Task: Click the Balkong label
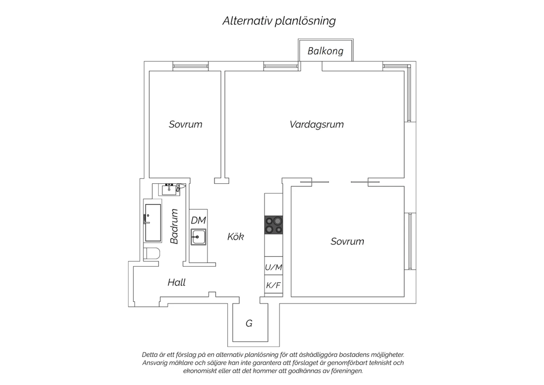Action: [x=325, y=51]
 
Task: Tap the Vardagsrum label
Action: [x=317, y=124]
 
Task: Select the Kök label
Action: [x=236, y=236]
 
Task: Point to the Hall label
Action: [x=177, y=282]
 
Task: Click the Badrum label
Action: [x=174, y=226]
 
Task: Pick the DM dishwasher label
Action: [x=198, y=220]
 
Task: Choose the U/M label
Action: [x=273, y=267]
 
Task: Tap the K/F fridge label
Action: [x=273, y=285]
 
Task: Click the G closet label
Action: [x=249, y=323]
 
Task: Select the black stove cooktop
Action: [x=273, y=225]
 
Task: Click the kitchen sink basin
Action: [x=198, y=237]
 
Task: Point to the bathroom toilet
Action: [x=151, y=254]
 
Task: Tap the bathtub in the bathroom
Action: [x=153, y=223]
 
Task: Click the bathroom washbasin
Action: [x=169, y=190]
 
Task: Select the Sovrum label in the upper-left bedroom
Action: [x=186, y=124]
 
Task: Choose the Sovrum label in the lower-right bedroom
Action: [x=347, y=241]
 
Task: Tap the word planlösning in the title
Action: [x=305, y=21]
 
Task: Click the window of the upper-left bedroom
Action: [x=191, y=66]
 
